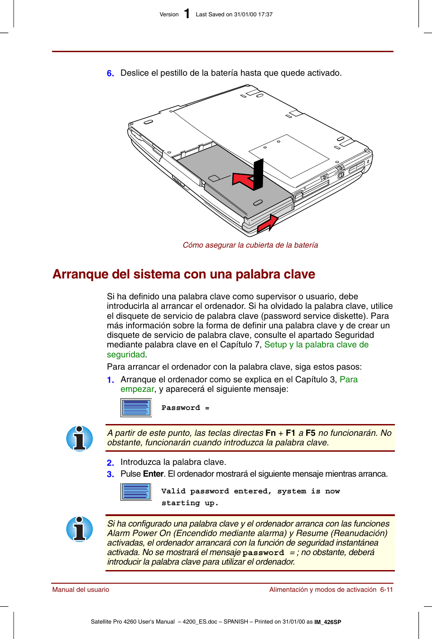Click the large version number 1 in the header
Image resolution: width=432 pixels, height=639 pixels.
pos(187,14)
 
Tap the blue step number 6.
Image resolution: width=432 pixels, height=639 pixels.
pos(110,73)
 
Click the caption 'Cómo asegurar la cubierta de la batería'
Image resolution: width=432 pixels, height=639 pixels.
pos(250,245)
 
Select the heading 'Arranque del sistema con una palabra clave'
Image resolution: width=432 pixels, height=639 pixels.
pos(183,274)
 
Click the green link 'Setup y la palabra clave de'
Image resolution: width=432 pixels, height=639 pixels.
pos(316,345)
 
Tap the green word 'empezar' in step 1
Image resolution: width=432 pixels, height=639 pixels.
pos(137,389)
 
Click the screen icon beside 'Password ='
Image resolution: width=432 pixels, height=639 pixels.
pos(136,407)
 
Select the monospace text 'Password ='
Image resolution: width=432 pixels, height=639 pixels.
pos(185,408)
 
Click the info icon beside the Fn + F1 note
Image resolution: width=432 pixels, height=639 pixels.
pos(80,439)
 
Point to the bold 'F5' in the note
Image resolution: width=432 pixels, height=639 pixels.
pos(310,433)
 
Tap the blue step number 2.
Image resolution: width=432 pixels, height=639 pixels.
pos(110,463)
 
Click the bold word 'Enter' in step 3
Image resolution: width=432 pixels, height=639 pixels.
pos(153,474)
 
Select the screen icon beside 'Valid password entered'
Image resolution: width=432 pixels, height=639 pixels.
pos(136,492)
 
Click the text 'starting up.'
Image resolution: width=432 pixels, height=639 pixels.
pos(190,503)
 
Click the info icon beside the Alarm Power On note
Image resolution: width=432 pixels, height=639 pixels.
pos(80,529)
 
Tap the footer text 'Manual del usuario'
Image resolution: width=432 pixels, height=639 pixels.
pos(81,590)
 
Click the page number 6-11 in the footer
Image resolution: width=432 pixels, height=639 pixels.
pos(386,590)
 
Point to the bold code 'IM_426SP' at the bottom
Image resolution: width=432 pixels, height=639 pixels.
pos(328,622)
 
